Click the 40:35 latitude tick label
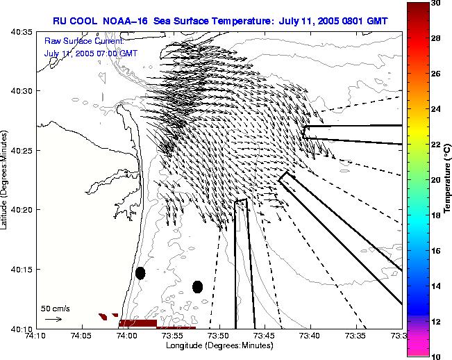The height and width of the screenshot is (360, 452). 22,32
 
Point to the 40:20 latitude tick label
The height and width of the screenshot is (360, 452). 22,210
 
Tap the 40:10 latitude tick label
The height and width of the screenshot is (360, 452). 22,328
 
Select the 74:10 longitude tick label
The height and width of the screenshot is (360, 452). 37,336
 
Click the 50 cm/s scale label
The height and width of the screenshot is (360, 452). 56,308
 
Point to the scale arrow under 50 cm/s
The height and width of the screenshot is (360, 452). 53,319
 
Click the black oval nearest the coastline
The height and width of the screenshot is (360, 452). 140,273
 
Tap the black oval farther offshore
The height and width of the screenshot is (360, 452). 197,286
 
